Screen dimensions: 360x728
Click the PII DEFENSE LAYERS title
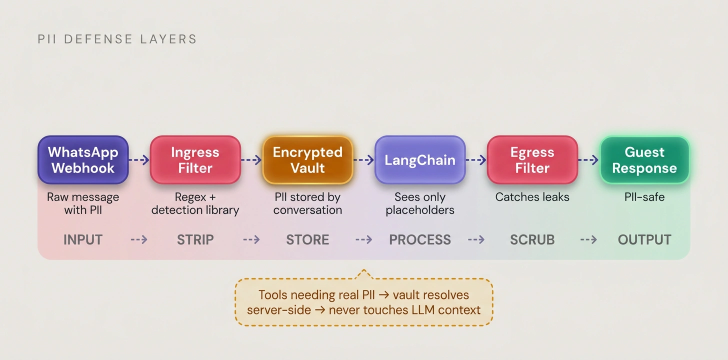click(x=117, y=39)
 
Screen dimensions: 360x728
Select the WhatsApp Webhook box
click(x=83, y=160)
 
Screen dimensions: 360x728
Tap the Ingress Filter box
click(x=195, y=160)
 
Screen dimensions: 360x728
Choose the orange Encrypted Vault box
click(x=307, y=160)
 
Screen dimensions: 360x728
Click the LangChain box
click(x=420, y=160)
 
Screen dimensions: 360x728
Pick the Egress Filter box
click(x=532, y=160)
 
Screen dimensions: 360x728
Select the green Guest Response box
click(x=644, y=160)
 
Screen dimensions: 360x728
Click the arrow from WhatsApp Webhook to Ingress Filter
click(x=139, y=160)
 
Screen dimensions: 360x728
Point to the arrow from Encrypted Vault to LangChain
click(x=364, y=160)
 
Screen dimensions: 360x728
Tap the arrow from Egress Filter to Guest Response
click(x=588, y=160)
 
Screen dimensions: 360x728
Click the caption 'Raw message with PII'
click(x=83, y=203)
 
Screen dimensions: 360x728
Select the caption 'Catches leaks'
click(x=532, y=197)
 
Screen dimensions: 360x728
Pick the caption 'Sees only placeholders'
click(x=420, y=203)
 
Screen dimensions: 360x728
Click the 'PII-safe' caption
click(x=644, y=197)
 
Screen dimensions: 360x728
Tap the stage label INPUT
click(x=83, y=240)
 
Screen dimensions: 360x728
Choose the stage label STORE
click(x=307, y=240)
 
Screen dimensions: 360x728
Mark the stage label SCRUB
click(x=532, y=240)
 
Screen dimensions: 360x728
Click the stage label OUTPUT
click(x=644, y=240)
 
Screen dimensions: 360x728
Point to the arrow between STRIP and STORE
click(x=251, y=240)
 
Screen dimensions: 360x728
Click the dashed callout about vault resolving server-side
click(x=364, y=302)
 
